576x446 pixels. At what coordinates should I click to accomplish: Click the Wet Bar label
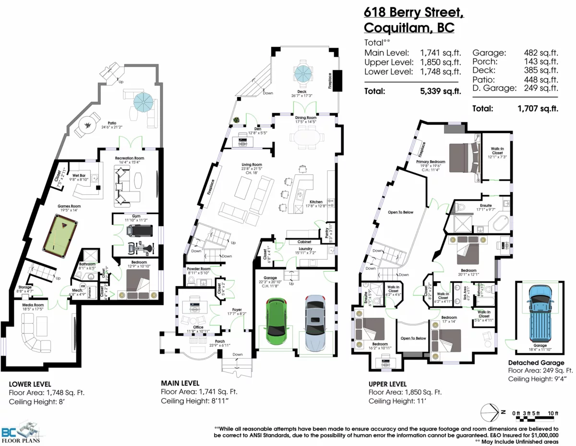click(x=79, y=176)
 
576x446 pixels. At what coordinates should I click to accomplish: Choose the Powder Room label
click(x=199, y=268)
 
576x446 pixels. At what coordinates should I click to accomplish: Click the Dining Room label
click(x=305, y=118)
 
